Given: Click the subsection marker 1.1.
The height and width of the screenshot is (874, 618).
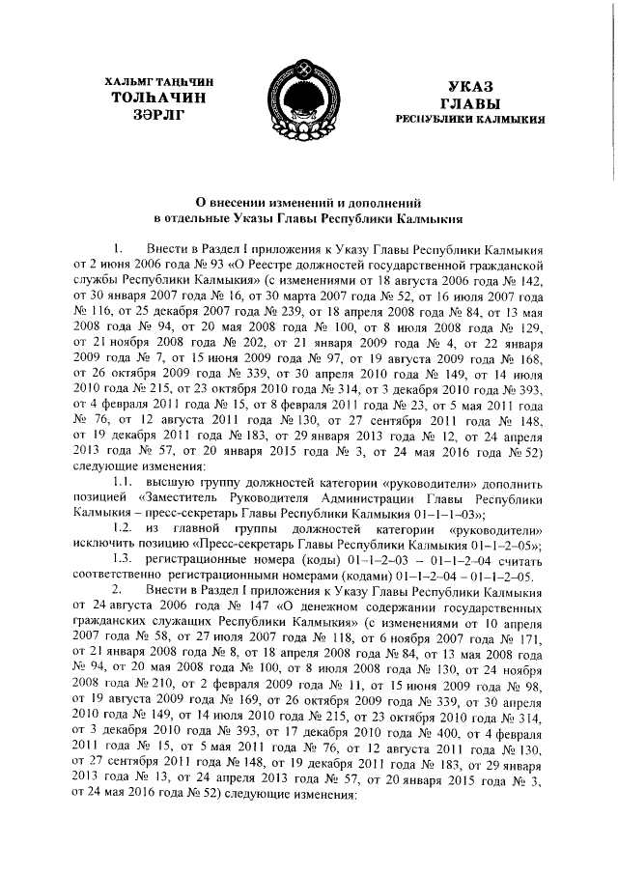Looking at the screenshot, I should pos(124,480).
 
